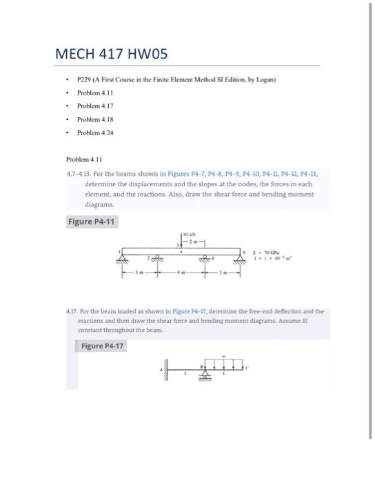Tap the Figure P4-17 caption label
pyautogui.click(x=102, y=346)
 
